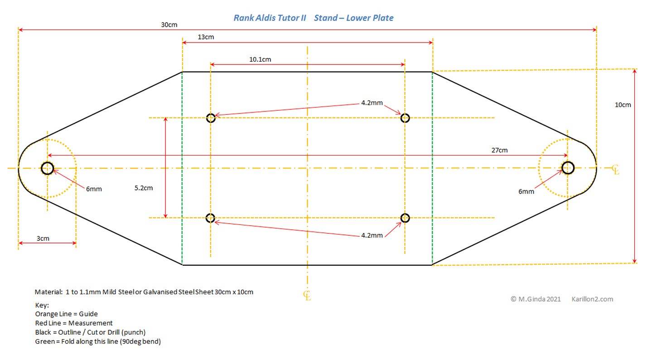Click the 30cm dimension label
(x=169, y=24)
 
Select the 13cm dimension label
(x=206, y=37)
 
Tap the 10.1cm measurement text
(x=260, y=59)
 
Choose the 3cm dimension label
(x=43, y=238)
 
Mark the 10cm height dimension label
(x=623, y=105)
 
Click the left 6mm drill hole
(x=47, y=168)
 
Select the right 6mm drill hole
(x=568, y=168)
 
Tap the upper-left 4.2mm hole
(x=211, y=118)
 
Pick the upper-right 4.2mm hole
(x=405, y=118)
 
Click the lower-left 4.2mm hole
(x=210, y=218)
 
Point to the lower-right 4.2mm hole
(x=405, y=218)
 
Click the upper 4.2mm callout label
(x=372, y=103)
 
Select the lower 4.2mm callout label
(x=372, y=235)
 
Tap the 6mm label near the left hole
(x=94, y=189)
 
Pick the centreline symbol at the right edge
(x=615, y=170)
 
